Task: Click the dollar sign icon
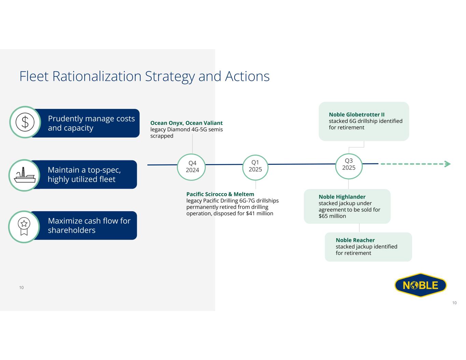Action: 25,122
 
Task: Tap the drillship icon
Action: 25,175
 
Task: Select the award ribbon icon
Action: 24,227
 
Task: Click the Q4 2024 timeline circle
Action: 192,167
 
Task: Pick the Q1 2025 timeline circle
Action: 255,166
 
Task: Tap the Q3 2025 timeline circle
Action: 349,164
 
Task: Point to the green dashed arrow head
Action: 447,164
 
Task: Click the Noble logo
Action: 421,285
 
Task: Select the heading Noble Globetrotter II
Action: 357,115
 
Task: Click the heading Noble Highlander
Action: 342,197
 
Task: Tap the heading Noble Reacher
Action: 355,240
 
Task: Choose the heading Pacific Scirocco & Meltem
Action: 220,194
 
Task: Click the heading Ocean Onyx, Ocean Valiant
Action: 186,123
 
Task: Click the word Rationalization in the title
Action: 97,76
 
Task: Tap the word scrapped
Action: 162,136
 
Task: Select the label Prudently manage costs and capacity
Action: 91,123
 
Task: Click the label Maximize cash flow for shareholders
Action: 89,226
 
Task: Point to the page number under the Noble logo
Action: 454,303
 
